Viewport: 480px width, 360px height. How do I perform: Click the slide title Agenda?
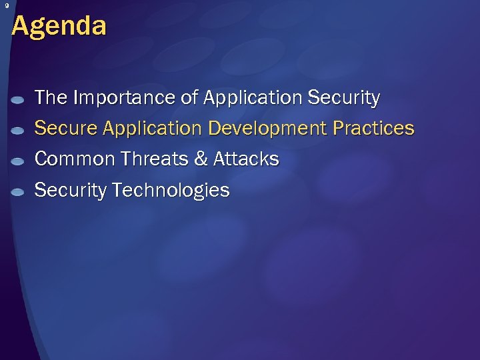coord(59,27)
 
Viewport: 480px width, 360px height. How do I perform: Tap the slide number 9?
coord(6,6)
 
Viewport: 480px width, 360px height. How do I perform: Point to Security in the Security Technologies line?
coord(70,190)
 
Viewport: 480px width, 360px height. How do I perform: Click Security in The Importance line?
coord(344,98)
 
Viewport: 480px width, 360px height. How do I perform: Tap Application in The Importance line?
coord(253,98)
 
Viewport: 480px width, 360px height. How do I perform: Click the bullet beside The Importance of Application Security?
coord(19,99)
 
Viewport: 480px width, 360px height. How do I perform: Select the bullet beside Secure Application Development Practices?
coord(19,130)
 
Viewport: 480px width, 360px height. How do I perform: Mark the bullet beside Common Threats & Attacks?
coord(19,161)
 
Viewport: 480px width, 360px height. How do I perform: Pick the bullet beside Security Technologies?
coord(19,192)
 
